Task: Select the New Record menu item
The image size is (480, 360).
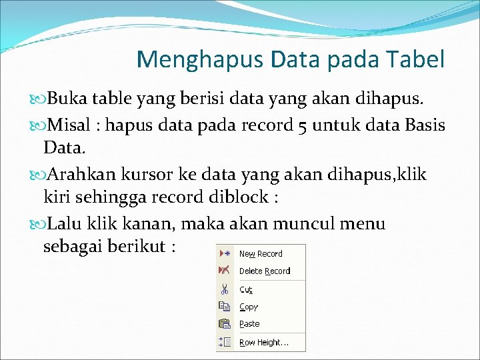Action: pos(261,254)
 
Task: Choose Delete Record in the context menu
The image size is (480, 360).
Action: pos(265,271)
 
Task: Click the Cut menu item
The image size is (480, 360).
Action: pos(246,290)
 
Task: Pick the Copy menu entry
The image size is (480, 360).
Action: pos(249,307)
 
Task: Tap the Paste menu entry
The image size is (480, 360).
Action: pos(249,324)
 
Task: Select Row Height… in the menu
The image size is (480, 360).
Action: pos(264,343)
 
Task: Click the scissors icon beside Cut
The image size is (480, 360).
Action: pos(225,289)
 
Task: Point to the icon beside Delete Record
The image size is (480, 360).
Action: pos(225,271)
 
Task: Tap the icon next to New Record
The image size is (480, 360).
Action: pos(225,254)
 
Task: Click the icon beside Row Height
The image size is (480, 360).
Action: pos(225,342)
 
